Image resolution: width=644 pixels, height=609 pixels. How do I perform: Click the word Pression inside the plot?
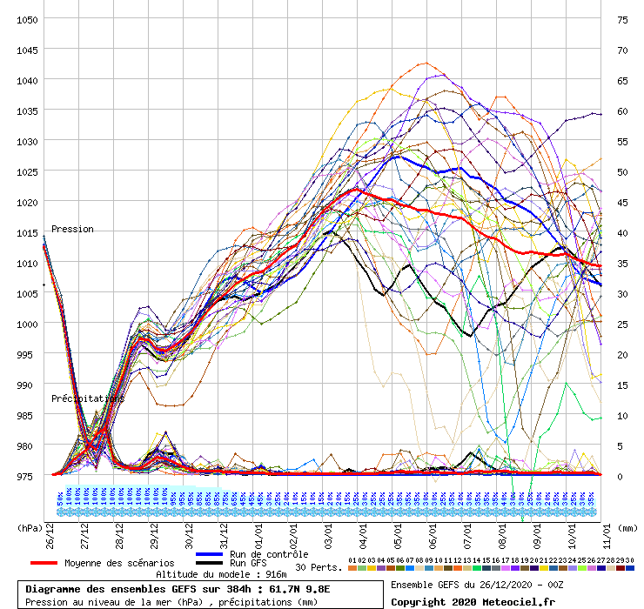pyautogui.click(x=72, y=230)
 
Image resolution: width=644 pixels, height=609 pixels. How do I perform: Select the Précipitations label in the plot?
pyautogui.click(x=87, y=398)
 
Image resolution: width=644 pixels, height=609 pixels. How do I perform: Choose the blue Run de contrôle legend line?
pyautogui.click(x=210, y=554)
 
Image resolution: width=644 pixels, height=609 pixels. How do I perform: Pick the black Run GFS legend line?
pyautogui.click(x=210, y=563)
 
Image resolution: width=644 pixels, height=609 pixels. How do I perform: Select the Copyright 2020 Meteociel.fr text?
pyautogui.click(x=473, y=600)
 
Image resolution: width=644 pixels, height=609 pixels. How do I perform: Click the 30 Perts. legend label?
pyautogui.click(x=318, y=567)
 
